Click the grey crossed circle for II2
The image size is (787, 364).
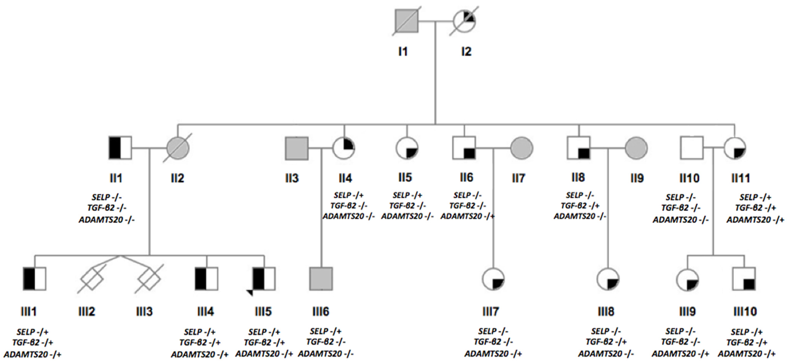point(178,148)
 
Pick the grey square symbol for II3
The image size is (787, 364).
point(296,148)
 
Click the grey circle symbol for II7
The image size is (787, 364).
point(522,148)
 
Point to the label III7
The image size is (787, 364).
point(490,311)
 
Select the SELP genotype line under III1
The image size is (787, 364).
point(32,332)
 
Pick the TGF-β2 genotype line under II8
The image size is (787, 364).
point(580,206)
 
